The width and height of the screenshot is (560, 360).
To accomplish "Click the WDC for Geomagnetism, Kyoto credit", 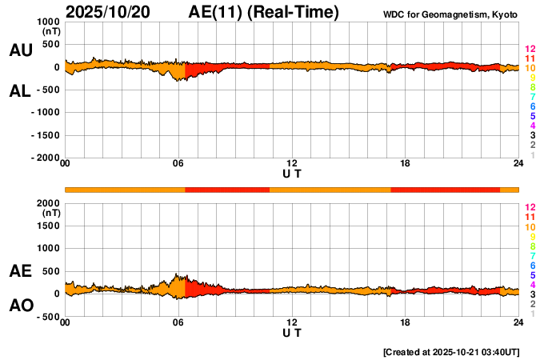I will [451, 13].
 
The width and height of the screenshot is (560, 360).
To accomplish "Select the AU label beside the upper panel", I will [21, 50].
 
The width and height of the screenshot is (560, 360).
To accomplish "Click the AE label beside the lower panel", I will [21, 271].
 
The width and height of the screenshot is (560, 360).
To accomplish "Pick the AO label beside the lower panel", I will [21, 306].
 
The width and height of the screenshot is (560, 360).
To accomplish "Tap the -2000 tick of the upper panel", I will [44, 158].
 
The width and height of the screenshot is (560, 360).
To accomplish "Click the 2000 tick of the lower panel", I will [48, 203].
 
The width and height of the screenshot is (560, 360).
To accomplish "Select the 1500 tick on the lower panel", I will [48, 226].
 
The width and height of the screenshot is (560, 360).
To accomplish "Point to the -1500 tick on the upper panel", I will [44, 135].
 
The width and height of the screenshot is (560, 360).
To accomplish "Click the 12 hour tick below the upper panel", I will [292, 165].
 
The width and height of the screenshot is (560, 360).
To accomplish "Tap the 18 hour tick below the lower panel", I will [406, 323].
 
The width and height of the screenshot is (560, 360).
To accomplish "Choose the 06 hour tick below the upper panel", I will [178, 165].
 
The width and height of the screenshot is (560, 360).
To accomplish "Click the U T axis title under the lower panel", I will [292, 333].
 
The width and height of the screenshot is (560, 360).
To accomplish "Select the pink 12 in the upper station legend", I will [530, 49].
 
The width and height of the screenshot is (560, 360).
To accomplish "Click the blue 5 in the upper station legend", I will [532, 116].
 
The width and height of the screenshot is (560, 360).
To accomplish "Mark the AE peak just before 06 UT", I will [177, 274].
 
